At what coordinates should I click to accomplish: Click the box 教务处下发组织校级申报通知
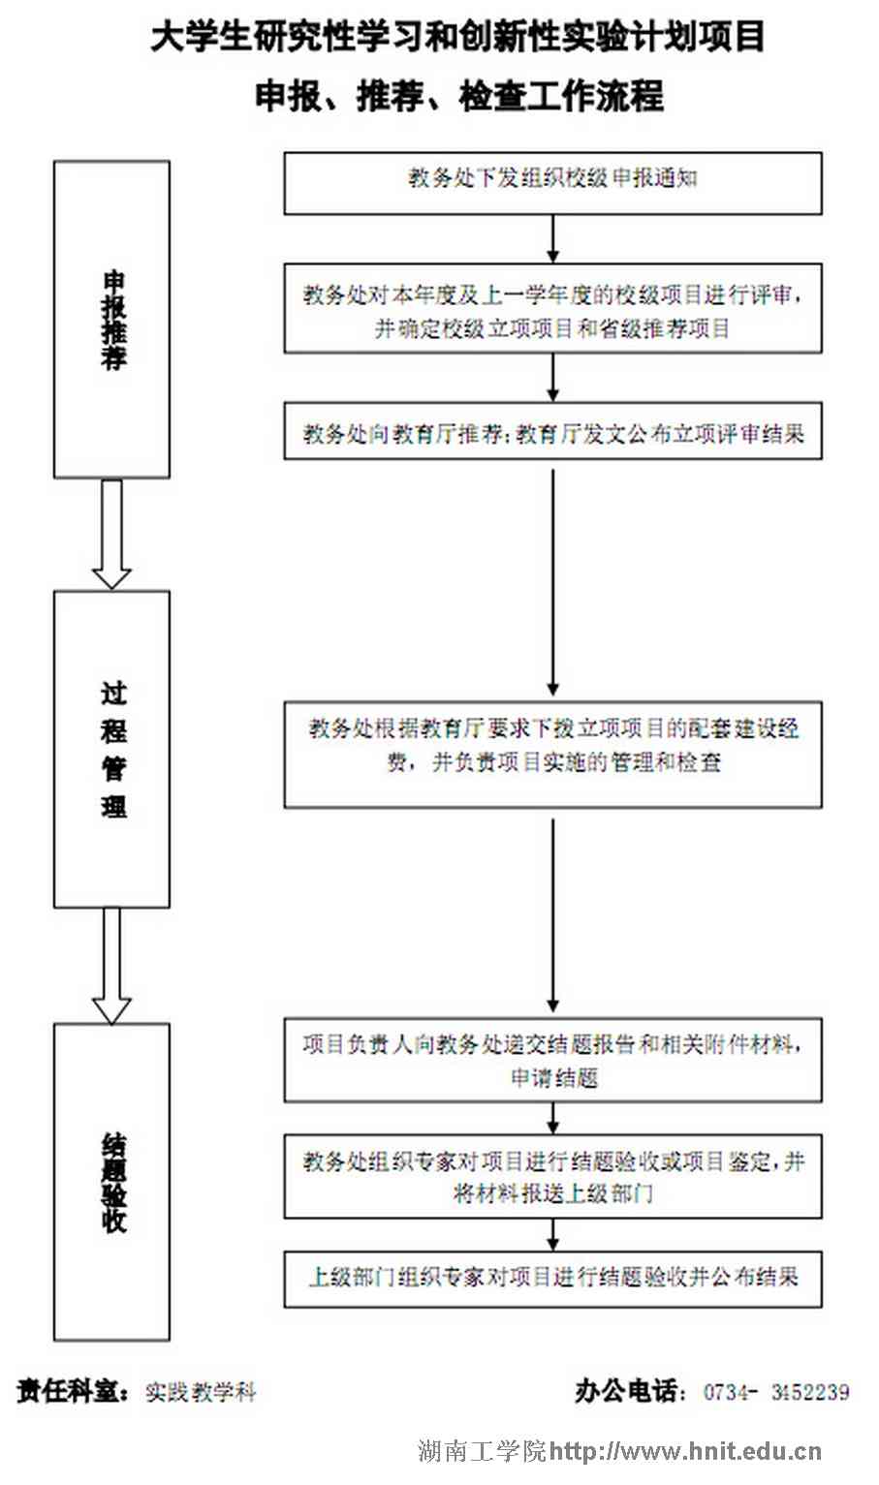(x=552, y=182)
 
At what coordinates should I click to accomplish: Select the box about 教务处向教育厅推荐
(x=552, y=432)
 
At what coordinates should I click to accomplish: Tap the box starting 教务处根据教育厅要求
(x=552, y=754)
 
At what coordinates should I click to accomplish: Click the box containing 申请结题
(x=552, y=1060)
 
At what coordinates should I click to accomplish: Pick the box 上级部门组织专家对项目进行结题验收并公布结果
(x=552, y=1279)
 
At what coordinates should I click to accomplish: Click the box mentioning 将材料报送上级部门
(x=552, y=1176)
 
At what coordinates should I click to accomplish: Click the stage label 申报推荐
(x=112, y=320)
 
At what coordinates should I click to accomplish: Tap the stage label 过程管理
(x=112, y=749)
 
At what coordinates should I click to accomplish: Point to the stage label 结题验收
(x=112, y=1182)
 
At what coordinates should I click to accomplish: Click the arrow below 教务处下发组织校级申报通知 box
(x=552, y=238)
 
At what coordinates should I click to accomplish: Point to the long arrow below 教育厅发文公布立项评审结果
(x=552, y=581)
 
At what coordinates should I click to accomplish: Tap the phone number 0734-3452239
(x=776, y=1392)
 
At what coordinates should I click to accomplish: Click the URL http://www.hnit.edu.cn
(x=685, y=1450)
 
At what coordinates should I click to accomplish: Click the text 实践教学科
(x=201, y=1393)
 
